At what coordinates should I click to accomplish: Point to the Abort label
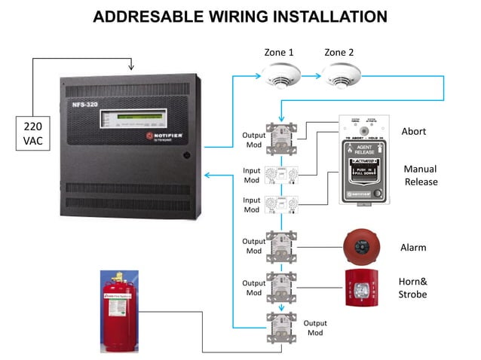tap(414, 131)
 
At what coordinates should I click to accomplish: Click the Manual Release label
tap(421, 175)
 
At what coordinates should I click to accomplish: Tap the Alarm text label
tap(413, 247)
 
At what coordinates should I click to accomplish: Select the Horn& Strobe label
tap(412, 288)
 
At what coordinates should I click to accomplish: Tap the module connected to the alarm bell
tap(282, 246)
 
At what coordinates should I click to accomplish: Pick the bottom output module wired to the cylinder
tap(282, 328)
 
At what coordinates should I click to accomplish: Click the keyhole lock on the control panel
tap(185, 155)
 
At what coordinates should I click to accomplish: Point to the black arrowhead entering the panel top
tap(132, 67)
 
